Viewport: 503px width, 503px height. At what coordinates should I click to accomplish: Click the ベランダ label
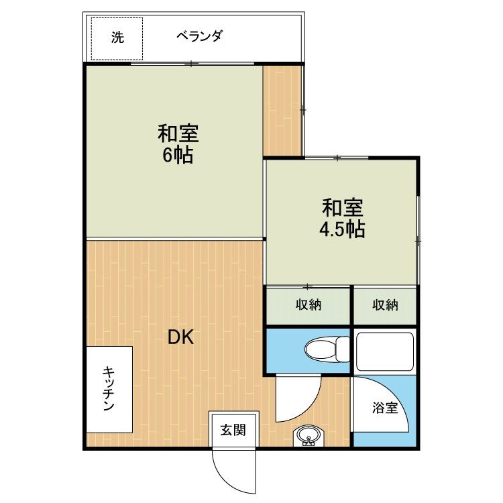(x=199, y=36)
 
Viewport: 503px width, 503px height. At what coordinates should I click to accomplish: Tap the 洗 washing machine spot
(x=117, y=39)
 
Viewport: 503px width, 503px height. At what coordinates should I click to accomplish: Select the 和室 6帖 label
(x=178, y=144)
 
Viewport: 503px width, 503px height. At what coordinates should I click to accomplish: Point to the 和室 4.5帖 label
(x=342, y=218)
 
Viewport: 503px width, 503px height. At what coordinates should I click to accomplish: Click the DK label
(x=181, y=337)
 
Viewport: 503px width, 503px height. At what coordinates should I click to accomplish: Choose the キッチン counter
(x=109, y=389)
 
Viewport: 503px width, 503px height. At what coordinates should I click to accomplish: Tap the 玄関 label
(x=233, y=430)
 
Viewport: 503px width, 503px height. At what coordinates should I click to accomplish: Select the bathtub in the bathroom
(x=385, y=352)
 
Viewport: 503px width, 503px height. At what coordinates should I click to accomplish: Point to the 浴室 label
(x=385, y=408)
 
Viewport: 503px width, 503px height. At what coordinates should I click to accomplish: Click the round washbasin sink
(x=309, y=437)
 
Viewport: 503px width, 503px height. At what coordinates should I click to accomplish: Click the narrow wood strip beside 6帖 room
(x=282, y=111)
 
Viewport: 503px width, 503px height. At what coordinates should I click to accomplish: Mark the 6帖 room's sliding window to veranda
(x=192, y=64)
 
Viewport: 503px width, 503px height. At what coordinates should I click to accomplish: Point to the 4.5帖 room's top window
(x=337, y=158)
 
